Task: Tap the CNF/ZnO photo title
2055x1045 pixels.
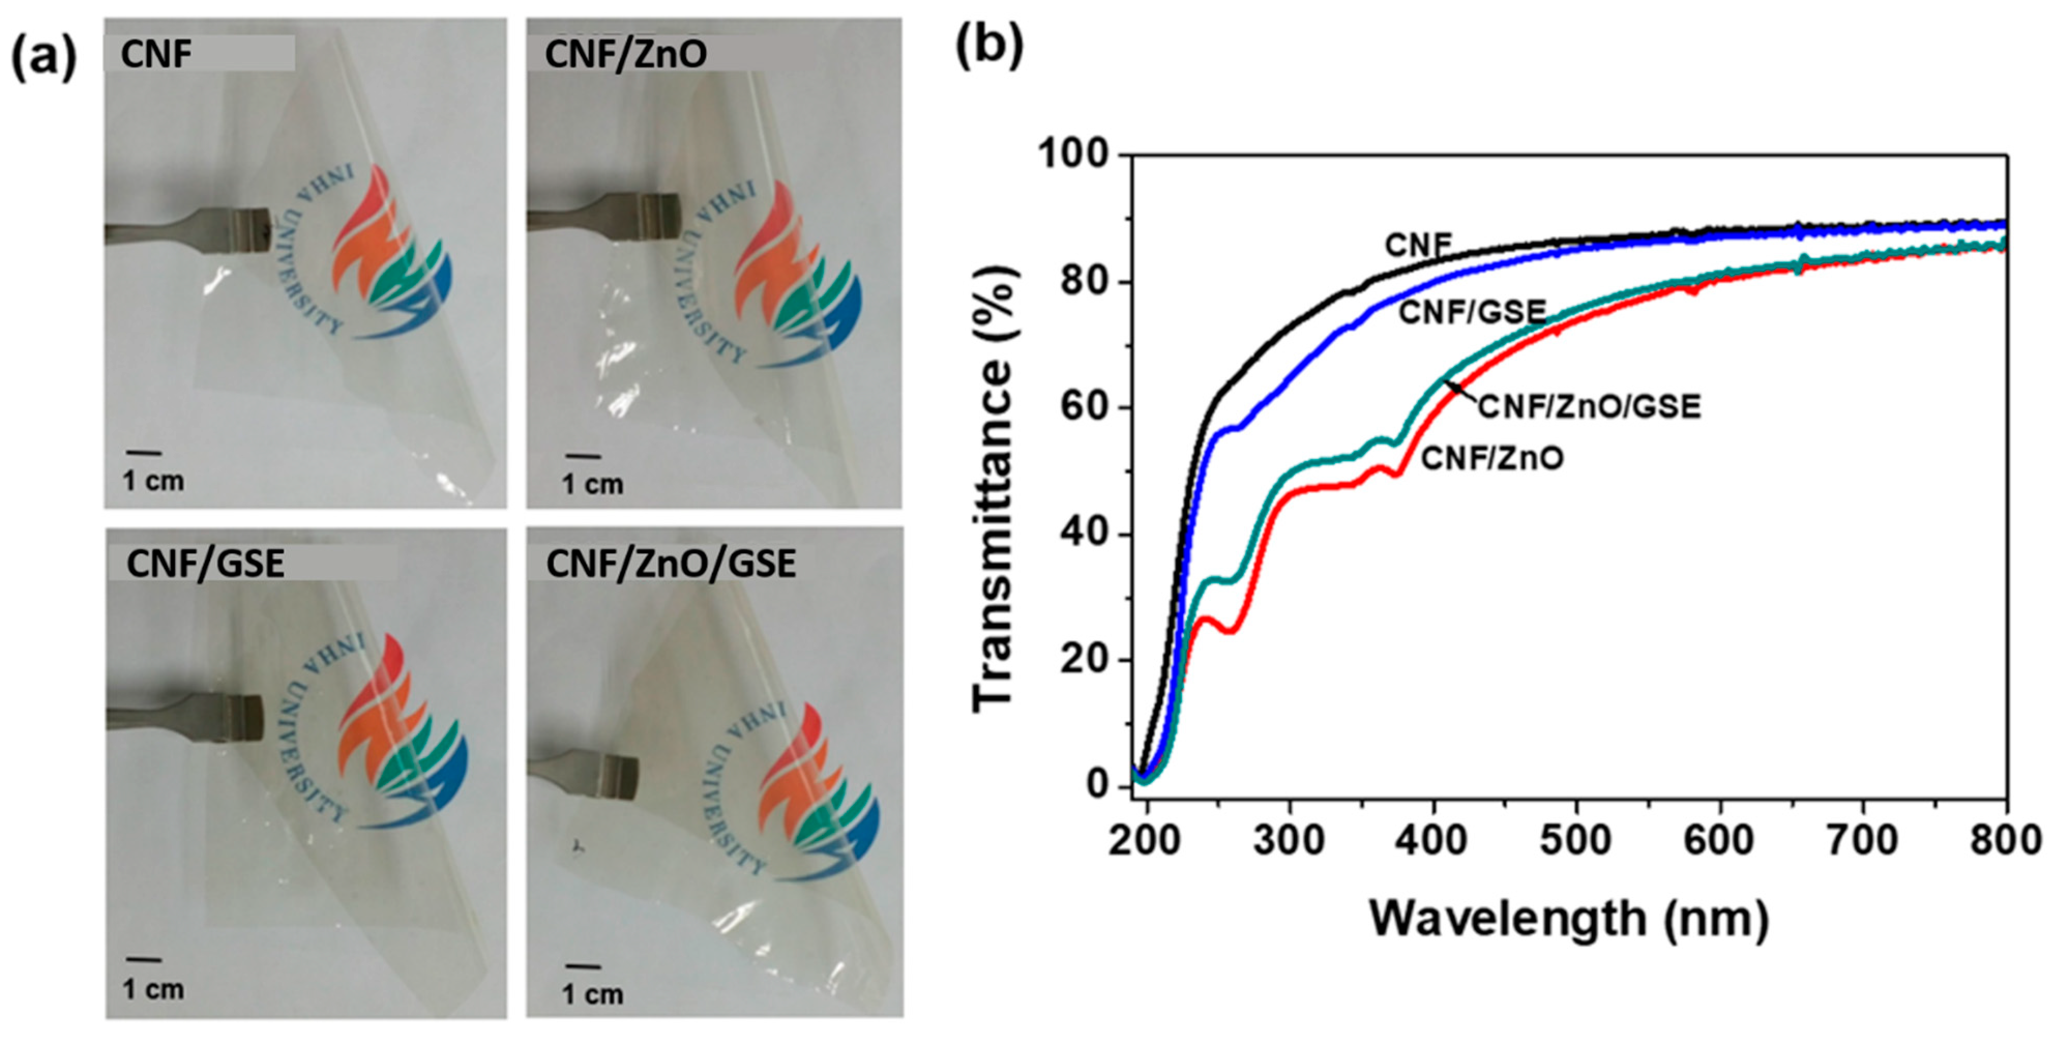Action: coord(626,54)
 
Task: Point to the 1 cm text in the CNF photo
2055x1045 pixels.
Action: coord(153,481)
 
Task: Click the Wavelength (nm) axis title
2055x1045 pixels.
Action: coord(1569,918)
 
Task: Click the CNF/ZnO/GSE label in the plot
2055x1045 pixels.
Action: coord(1589,407)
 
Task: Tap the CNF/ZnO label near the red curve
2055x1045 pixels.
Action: coord(1492,459)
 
